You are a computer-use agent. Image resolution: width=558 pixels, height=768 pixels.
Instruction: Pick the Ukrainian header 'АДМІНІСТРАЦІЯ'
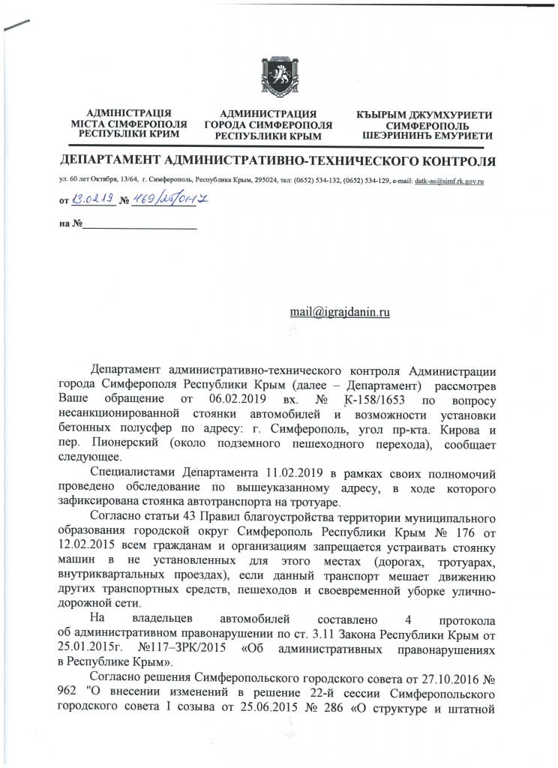129,113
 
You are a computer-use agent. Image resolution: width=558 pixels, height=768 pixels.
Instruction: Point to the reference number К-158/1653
370,397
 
